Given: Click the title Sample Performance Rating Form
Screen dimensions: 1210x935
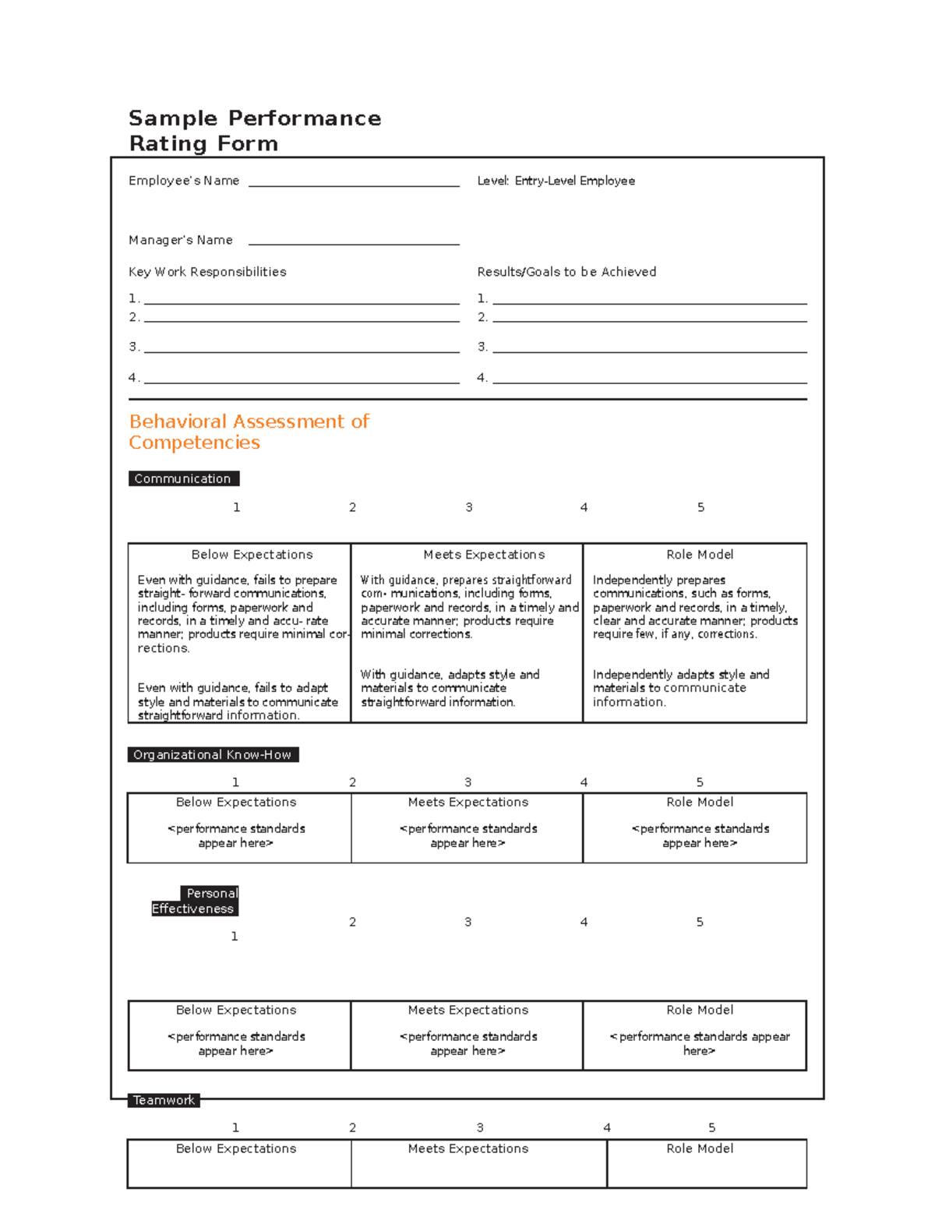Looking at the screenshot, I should click(x=254, y=131).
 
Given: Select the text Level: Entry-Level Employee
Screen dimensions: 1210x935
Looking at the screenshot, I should click(x=556, y=181).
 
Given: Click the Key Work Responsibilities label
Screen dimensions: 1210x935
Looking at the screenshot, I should click(x=207, y=272).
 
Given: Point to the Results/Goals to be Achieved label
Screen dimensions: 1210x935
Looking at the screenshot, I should click(x=566, y=272).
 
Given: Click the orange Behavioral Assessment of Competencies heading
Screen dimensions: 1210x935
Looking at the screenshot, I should click(x=249, y=432).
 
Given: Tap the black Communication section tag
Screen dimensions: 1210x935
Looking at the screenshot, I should click(x=183, y=478).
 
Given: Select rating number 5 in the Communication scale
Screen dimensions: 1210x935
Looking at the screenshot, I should click(x=700, y=507).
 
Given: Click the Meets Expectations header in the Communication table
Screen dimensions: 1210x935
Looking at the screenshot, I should click(x=484, y=555).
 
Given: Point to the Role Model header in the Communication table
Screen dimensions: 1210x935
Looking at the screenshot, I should click(x=700, y=555).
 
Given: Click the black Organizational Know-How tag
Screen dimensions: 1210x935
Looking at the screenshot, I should click(x=213, y=754).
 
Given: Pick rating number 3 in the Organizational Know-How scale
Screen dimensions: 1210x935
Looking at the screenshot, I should click(x=467, y=782).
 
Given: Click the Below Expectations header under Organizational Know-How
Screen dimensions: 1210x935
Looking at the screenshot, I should click(x=236, y=803).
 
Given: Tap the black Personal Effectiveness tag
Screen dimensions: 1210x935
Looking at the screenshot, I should click(x=195, y=901).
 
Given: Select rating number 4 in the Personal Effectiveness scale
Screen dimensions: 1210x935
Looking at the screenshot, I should click(x=584, y=922).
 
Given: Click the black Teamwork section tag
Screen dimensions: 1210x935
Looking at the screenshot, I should click(x=164, y=1100).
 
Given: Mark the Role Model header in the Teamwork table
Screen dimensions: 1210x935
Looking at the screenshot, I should click(x=700, y=1148).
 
